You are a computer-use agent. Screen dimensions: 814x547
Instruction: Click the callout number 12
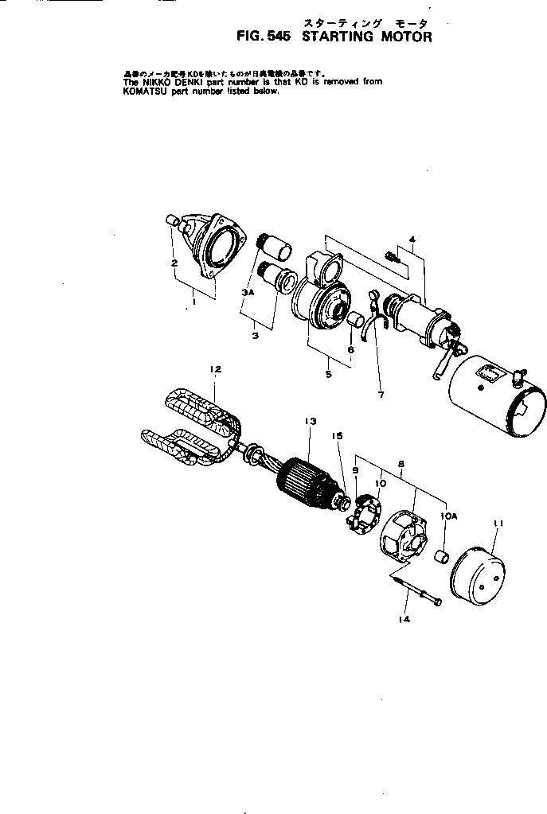[x=215, y=369]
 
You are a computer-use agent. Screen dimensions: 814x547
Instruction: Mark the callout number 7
[x=381, y=394]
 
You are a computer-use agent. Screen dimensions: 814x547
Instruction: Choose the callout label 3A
[x=247, y=294]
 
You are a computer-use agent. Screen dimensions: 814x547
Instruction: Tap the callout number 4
[x=412, y=239]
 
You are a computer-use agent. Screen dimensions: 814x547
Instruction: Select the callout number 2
[x=173, y=262]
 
